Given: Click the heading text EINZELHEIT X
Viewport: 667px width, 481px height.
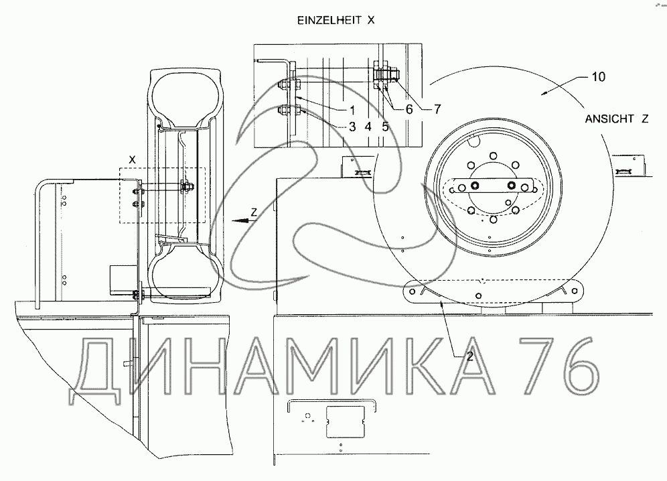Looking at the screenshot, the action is (336, 20).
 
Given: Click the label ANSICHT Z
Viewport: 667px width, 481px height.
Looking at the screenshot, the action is (616, 119).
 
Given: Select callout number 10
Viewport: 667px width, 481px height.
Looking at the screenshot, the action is (597, 77).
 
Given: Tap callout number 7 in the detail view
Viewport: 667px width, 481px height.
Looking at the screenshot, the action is (437, 109).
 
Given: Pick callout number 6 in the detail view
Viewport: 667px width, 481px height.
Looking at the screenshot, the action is (409, 109).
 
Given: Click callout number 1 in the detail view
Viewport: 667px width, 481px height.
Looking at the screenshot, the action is (352, 111).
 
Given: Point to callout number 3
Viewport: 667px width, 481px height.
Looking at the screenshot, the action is (352, 127).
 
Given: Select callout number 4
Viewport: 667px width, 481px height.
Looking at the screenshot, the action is (368, 127).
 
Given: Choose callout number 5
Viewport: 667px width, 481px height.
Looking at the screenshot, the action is (385, 127).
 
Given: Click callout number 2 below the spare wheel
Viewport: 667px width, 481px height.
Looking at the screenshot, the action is (469, 356).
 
